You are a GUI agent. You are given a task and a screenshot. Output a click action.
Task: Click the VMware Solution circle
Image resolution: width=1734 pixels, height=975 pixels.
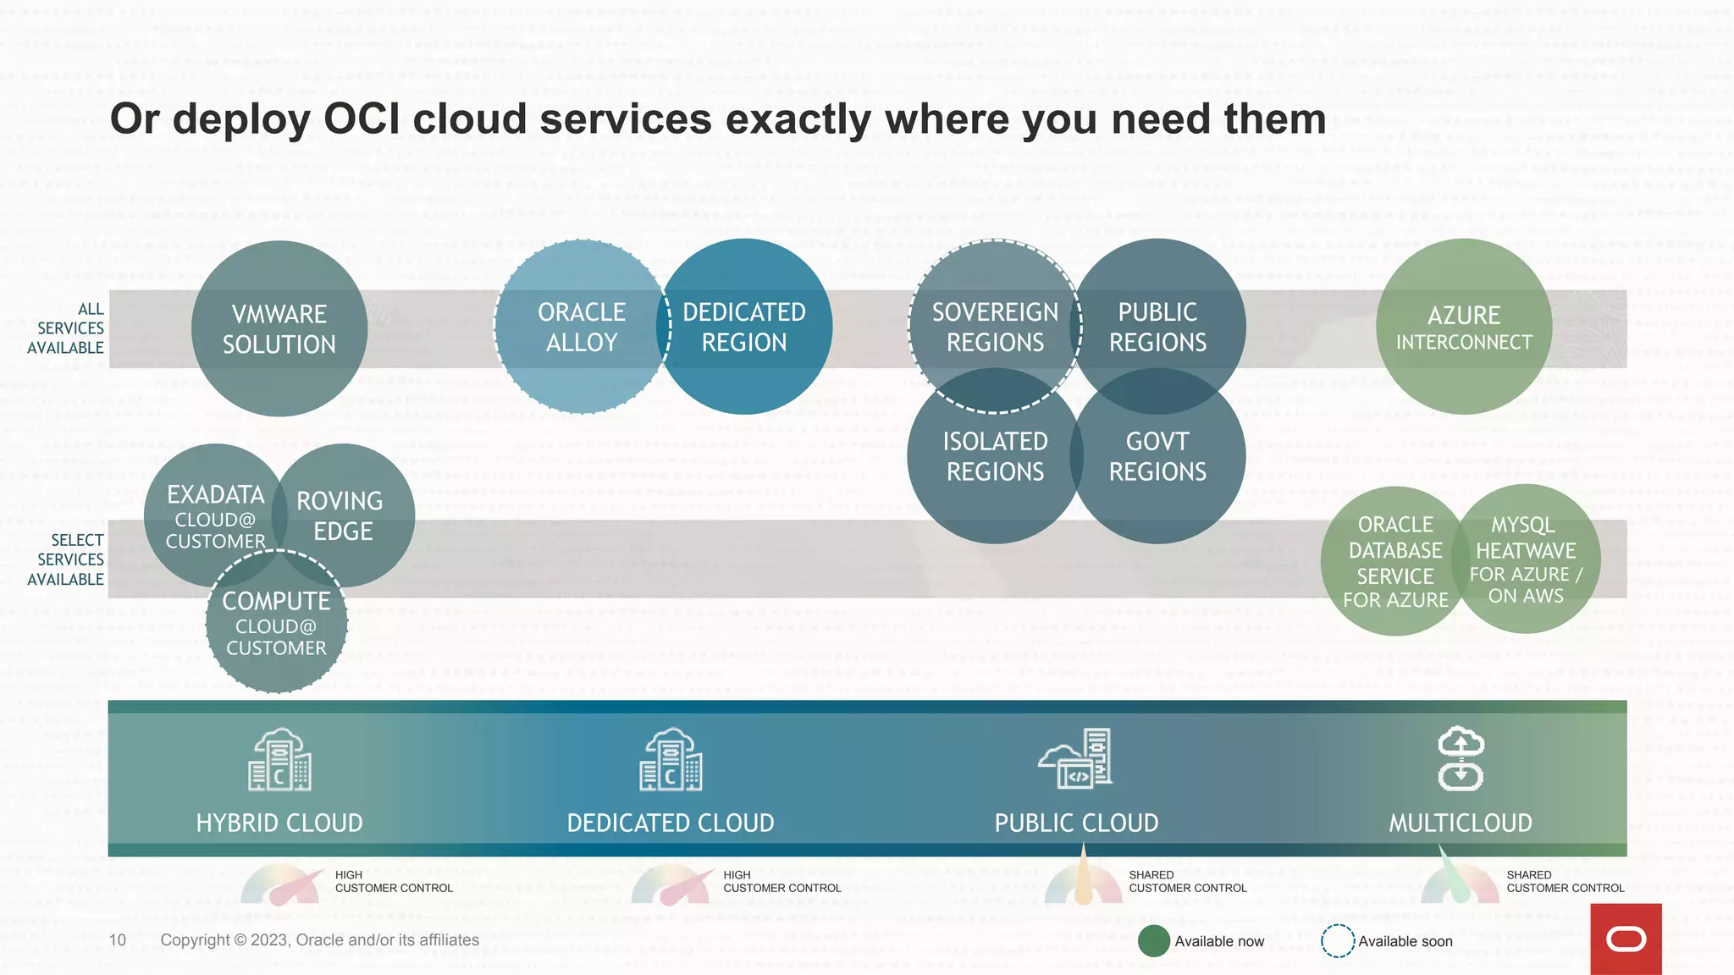pos(279,328)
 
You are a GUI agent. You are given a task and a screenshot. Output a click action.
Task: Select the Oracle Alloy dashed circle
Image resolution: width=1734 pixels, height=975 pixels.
pos(581,327)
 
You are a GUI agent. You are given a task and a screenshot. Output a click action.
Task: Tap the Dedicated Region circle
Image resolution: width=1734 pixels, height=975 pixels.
pos(744,327)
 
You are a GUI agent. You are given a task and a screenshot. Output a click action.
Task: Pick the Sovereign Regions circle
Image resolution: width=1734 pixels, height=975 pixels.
pos(995,327)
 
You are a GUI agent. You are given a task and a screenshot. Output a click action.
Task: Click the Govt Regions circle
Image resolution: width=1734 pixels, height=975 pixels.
pos(1157,456)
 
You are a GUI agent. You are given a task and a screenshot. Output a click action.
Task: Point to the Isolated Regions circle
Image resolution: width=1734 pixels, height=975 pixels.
pos(995,456)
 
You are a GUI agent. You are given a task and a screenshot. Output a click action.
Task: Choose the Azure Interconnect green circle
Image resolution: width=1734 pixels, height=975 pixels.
pos(1464,327)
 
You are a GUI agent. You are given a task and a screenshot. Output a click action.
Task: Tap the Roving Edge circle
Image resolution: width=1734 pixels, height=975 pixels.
pos(343,515)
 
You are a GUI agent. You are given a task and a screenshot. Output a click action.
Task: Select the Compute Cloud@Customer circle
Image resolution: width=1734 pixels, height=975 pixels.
pos(276,624)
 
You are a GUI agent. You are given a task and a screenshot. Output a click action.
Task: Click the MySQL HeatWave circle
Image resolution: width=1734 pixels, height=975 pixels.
pos(1526,559)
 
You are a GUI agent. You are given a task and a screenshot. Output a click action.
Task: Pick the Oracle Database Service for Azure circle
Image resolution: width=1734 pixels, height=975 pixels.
pos(1395,561)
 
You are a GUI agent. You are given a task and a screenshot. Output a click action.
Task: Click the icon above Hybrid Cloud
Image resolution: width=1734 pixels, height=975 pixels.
pos(279,760)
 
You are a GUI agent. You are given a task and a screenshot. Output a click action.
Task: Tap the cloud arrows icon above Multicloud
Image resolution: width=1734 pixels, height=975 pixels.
pos(1461,758)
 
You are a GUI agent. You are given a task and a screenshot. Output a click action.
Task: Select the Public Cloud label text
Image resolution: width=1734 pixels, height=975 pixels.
pos(1076,823)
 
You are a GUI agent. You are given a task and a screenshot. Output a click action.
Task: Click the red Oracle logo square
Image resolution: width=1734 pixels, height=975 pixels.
pos(1626,939)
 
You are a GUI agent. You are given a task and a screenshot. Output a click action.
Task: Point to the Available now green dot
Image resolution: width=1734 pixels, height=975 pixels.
pos(1153,941)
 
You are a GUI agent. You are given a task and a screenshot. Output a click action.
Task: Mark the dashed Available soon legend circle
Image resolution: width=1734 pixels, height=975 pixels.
pos(1338,941)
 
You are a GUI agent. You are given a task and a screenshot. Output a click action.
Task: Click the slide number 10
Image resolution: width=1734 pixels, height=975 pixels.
pos(118,940)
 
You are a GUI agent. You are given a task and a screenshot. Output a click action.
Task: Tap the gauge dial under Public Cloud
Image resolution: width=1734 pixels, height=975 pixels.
pos(1083,884)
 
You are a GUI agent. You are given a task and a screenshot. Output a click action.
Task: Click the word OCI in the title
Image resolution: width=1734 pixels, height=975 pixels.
pos(362,119)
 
